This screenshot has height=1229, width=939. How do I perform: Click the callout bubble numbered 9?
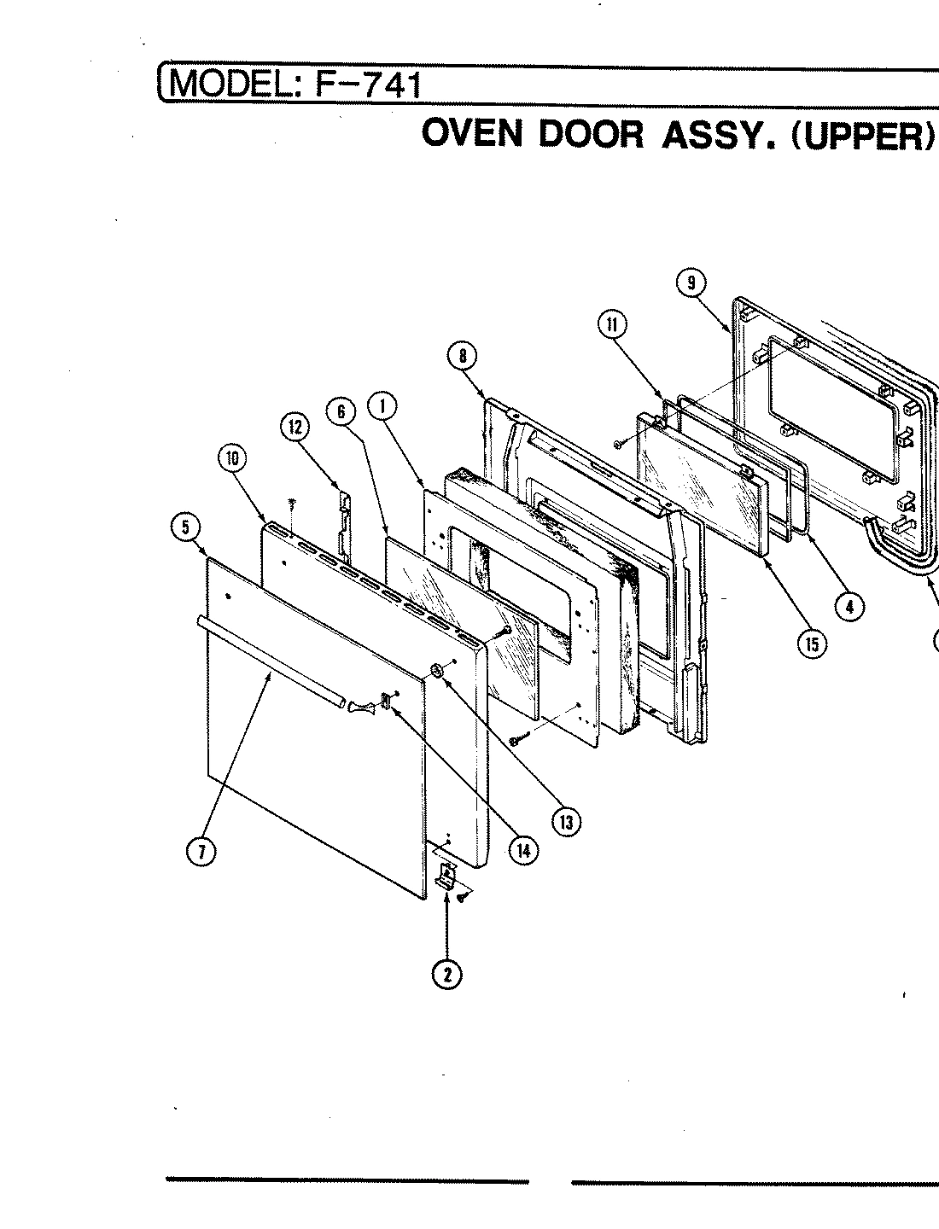click(691, 282)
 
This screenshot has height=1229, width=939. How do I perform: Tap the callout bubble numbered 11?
click(612, 324)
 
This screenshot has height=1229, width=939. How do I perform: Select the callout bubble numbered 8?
click(462, 356)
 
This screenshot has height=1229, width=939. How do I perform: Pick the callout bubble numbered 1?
click(382, 408)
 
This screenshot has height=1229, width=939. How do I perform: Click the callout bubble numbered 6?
click(341, 411)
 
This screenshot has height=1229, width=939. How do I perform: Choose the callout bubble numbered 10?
click(230, 458)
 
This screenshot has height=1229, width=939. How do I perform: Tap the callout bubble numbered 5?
click(185, 527)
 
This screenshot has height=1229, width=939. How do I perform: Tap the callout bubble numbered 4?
click(848, 607)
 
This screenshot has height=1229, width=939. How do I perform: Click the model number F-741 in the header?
click(369, 84)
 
